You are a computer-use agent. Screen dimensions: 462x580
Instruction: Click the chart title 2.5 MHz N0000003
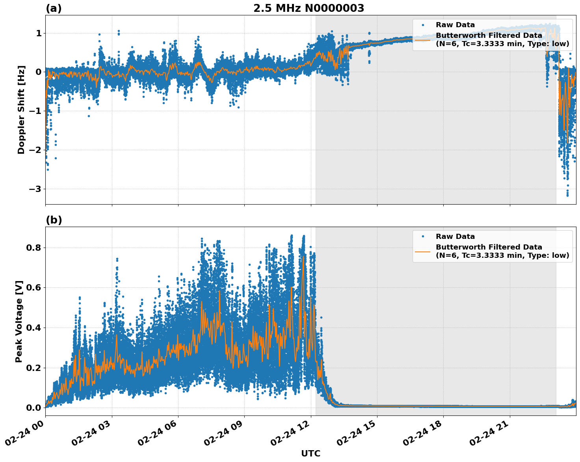[309, 8]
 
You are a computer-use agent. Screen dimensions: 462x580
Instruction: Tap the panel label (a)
[54, 8]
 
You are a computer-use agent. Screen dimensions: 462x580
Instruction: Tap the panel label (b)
[54, 220]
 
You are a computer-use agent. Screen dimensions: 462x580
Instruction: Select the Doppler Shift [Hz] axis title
[21, 110]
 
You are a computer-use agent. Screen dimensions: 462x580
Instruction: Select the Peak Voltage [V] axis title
[19, 321]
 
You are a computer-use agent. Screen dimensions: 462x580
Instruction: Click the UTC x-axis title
[310, 454]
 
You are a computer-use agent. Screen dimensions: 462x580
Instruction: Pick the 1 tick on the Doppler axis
[39, 33]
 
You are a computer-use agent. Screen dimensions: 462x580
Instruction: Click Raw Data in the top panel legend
[455, 25]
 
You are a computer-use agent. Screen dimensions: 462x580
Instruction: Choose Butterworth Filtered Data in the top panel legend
[489, 35]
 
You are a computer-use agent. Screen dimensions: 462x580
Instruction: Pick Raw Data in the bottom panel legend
[455, 237]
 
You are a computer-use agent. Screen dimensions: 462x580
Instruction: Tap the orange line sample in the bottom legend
[422, 251]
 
